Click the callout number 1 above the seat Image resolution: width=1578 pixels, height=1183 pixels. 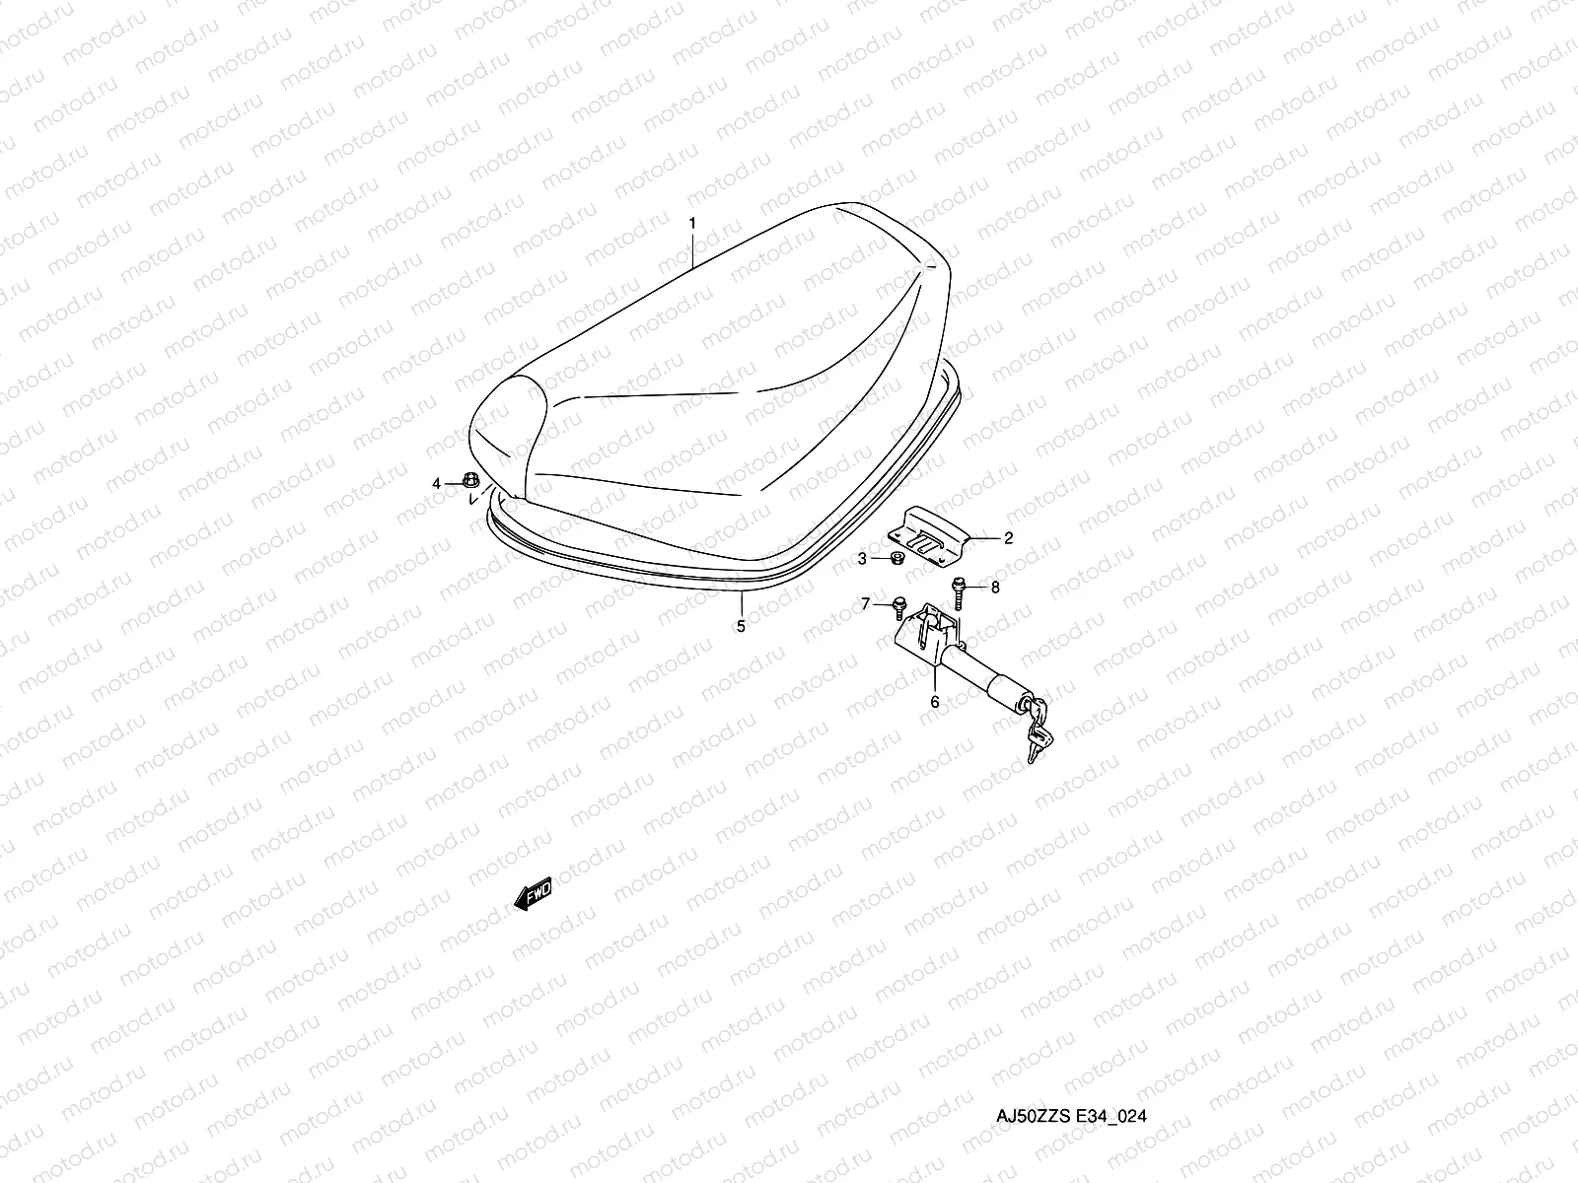pos(692,224)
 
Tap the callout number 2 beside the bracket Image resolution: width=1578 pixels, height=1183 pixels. pos(1008,538)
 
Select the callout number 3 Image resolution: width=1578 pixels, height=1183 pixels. pos(861,559)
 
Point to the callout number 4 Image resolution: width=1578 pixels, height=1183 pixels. pos(436,483)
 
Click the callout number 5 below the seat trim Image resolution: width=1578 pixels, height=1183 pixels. pos(741,625)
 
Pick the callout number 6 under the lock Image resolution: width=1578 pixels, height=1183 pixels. pos(935,702)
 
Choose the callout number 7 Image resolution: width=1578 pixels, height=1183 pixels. pos(866,603)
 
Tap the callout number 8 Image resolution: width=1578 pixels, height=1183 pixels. pos(995,588)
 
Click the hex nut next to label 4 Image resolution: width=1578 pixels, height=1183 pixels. pos(469,481)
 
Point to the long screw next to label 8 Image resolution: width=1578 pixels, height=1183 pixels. pos(959,589)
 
